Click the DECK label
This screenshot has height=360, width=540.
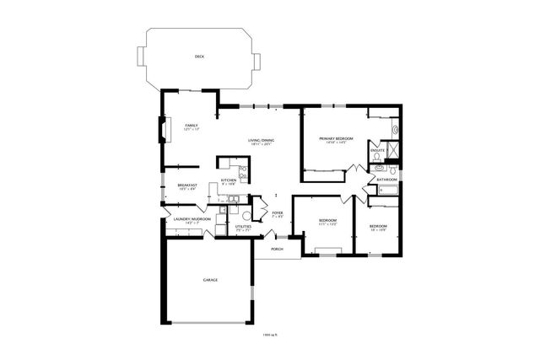pyautogui.click(x=199, y=56)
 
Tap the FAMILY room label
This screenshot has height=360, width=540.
pyautogui.click(x=192, y=125)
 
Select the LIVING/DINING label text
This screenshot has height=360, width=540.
pyautogui.click(x=261, y=139)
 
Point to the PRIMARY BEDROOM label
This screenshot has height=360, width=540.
pyautogui.click(x=336, y=137)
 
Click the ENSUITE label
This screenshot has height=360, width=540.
pyautogui.click(x=377, y=150)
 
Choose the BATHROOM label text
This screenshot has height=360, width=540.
pyautogui.click(x=387, y=180)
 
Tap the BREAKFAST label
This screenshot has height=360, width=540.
pyautogui.click(x=187, y=185)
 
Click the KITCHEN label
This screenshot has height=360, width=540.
pyautogui.click(x=228, y=180)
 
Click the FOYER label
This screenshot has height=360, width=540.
pyautogui.click(x=276, y=213)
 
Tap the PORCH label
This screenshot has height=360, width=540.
pyautogui.click(x=276, y=250)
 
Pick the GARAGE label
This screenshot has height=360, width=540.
pyautogui.click(x=210, y=279)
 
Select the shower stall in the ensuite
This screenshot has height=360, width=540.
pyautogui.click(x=393, y=150)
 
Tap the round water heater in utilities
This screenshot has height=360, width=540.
pyautogui.click(x=246, y=215)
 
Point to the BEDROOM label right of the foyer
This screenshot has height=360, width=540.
pyautogui.click(x=327, y=220)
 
